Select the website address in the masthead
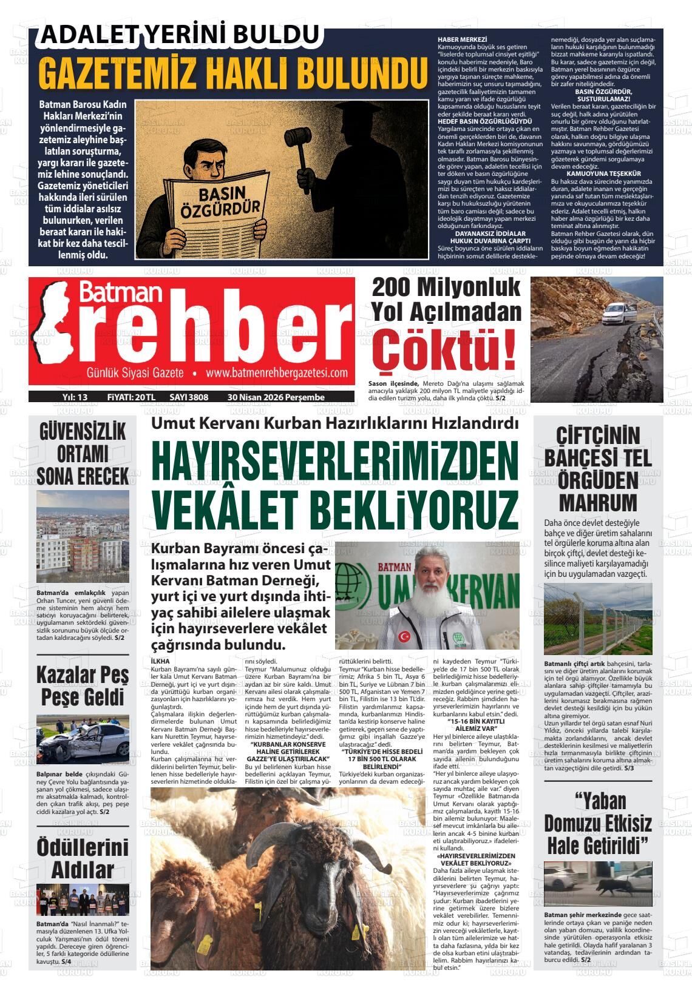coord(276,372)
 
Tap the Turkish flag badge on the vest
coord(403,637)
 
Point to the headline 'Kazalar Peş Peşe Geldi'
coord(83,685)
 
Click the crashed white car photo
coord(83,742)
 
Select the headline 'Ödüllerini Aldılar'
coord(83,858)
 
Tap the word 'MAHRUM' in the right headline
coord(598,503)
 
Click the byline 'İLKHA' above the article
coord(160,661)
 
